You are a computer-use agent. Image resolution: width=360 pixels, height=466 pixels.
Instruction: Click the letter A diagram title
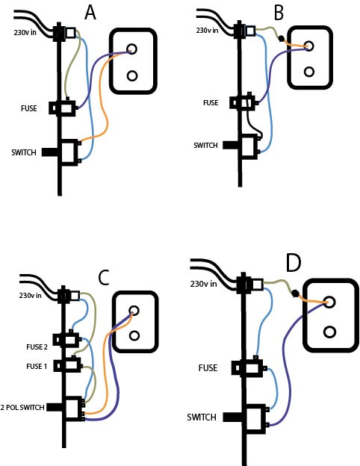pos(90,13)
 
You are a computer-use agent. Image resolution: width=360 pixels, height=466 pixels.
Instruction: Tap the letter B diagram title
pos(279,13)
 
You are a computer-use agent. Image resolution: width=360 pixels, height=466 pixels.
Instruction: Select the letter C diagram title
pos(104,278)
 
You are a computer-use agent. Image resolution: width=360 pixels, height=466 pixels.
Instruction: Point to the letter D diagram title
pos(294,263)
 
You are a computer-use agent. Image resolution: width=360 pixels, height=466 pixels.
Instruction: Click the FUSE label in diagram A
pos(29,108)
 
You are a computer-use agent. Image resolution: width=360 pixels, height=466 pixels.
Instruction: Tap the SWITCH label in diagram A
pos(24,152)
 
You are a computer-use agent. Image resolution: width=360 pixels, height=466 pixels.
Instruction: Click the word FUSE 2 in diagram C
pos(37,347)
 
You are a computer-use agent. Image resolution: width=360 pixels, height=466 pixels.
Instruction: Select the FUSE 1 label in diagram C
pos(37,367)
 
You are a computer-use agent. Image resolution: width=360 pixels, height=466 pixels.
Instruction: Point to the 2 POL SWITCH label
pos(22,407)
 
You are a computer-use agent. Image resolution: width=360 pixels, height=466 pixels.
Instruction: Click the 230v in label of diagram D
pos(203,284)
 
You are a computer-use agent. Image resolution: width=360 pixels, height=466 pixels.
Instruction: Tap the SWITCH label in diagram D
pos(202,417)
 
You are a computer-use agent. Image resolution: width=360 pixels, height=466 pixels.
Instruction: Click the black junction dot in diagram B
pos(281,38)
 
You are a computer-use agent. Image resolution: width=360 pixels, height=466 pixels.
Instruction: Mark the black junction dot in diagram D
pos(295,293)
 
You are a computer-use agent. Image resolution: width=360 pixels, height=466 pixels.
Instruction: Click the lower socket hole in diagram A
pos(132,75)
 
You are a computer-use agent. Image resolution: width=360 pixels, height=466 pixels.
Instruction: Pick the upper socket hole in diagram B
pos(309,46)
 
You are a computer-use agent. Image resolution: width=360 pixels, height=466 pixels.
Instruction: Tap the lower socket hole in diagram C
pos(134,335)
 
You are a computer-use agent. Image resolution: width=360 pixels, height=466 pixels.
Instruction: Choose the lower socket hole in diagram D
pos(329,332)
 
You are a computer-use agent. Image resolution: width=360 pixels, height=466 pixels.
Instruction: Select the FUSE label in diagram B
pos(211,103)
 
